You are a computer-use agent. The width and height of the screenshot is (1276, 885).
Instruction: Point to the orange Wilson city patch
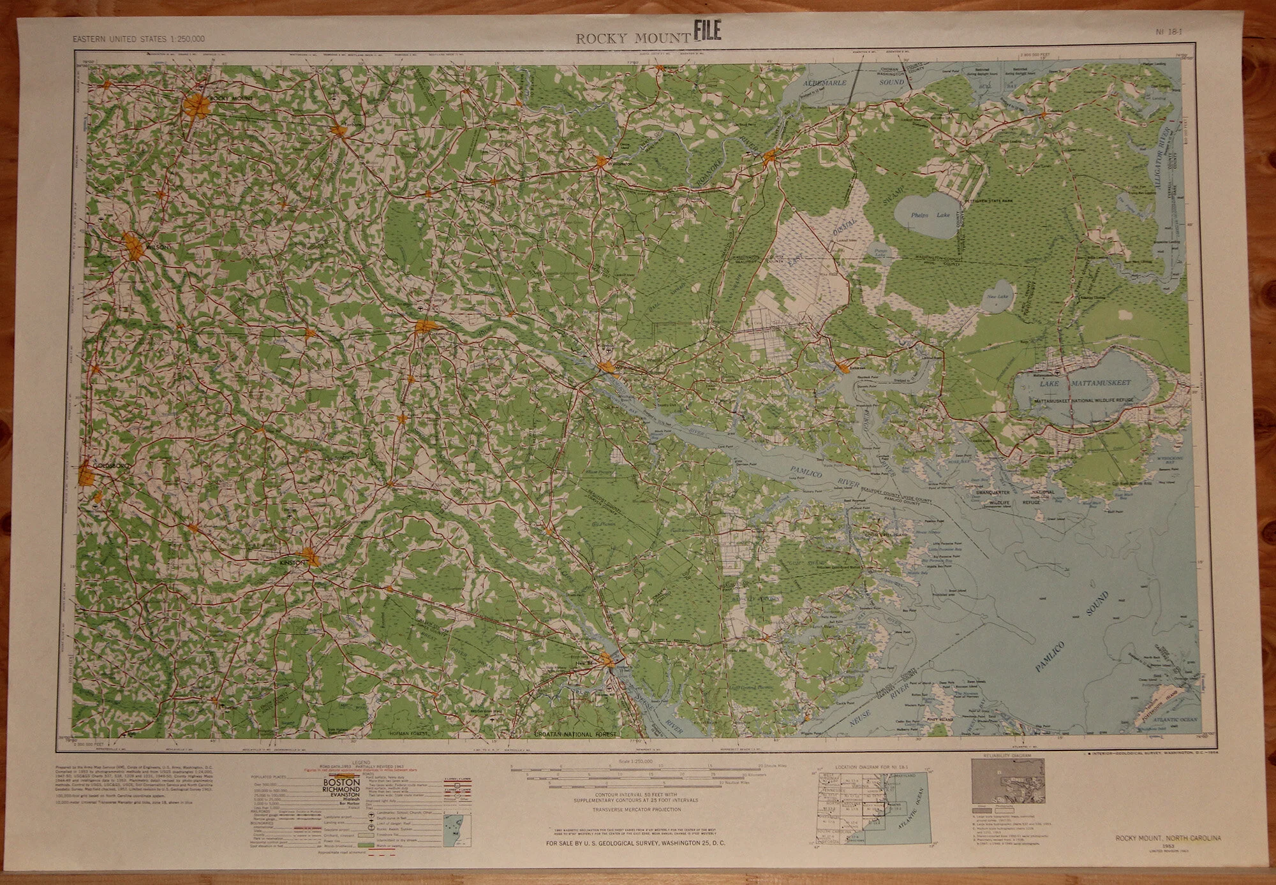tap(135, 245)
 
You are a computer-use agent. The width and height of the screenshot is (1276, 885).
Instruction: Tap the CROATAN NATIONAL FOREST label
tap(574, 735)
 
